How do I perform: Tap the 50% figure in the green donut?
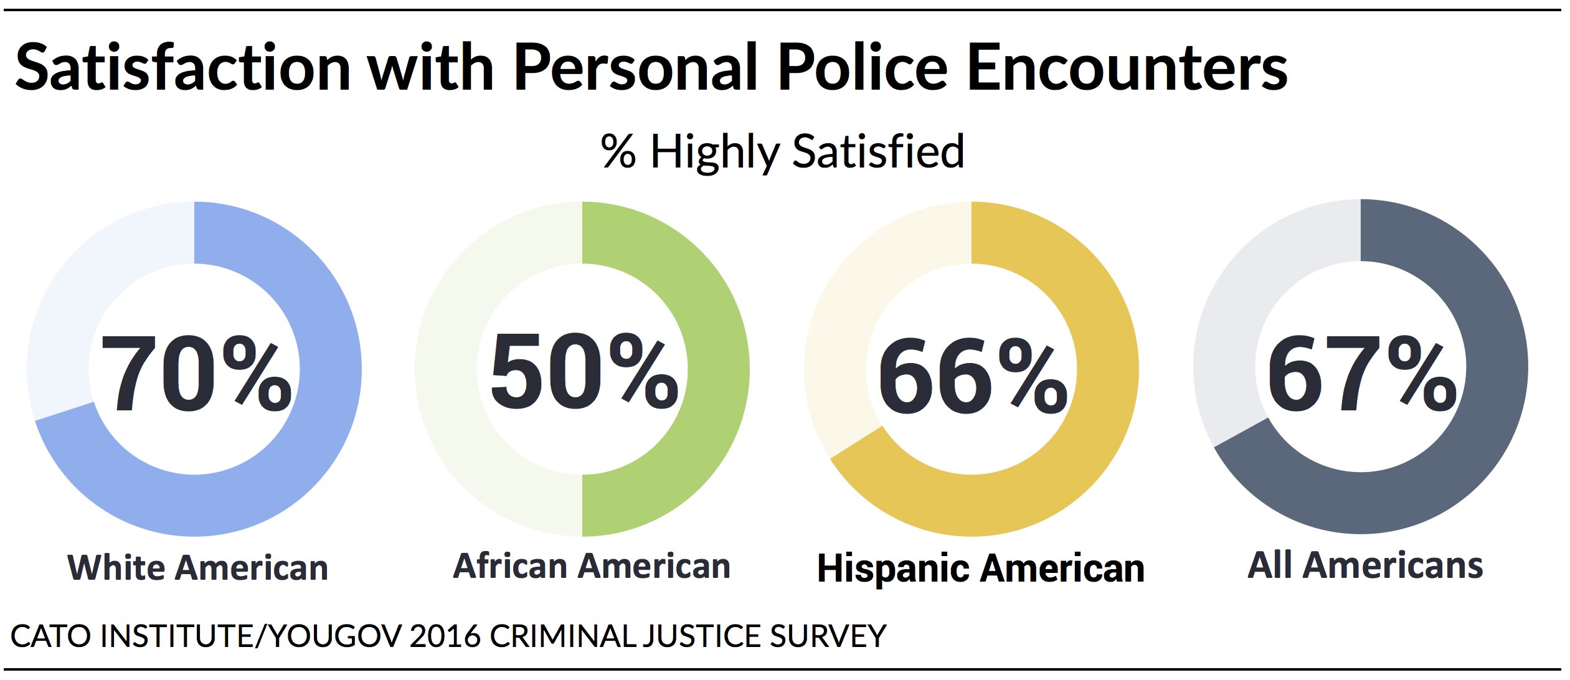click(x=584, y=372)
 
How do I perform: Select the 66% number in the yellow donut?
click(x=973, y=375)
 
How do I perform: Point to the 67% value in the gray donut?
click(x=1362, y=374)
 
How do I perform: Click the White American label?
click(x=198, y=568)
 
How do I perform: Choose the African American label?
click(x=591, y=566)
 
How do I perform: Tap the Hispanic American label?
click(x=980, y=569)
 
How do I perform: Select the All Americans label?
click(x=1365, y=565)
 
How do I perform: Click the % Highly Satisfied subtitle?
click(x=782, y=151)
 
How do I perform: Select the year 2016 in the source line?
click(x=445, y=636)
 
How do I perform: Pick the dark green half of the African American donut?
click(x=716, y=374)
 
